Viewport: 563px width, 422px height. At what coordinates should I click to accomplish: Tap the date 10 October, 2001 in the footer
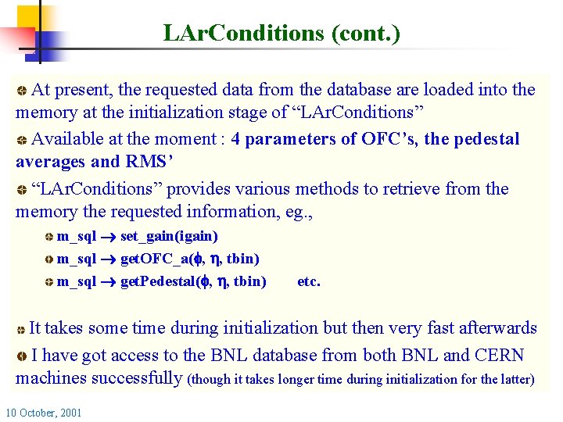pyautogui.click(x=44, y=412)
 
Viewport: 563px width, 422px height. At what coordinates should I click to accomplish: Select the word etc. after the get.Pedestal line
pyautogui.click(x=309, y=281)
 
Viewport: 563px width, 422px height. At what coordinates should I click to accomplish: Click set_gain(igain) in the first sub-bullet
pyautogui.click(x=169, y=236)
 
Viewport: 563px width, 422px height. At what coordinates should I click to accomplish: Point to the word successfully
pyautogui.click(x=137, y=378)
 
